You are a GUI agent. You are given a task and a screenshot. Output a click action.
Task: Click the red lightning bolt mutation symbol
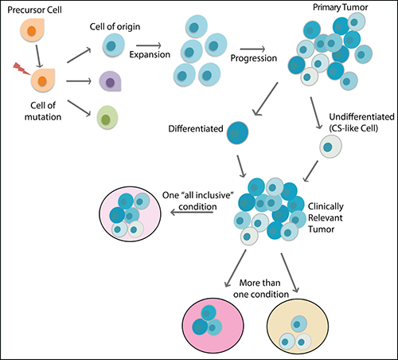coord(21,68)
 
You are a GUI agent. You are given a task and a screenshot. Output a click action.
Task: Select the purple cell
coord(110,81)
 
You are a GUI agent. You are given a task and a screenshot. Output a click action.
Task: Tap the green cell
coord(107,117)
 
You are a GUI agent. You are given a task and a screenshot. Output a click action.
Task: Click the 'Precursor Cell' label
coord(34,10)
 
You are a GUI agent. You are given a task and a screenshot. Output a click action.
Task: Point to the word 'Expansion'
coord(150,54)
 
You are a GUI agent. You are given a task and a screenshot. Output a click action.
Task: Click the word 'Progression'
coord(253,58)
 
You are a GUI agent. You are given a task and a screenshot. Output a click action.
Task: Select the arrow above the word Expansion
coord(149,45)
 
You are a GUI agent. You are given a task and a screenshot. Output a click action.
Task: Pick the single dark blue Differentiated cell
coord(237,133)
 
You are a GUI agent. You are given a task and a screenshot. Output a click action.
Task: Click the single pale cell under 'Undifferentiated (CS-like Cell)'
coord(330,146)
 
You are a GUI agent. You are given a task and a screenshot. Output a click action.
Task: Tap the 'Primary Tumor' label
coord(341,7)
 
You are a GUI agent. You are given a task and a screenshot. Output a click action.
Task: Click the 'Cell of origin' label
coord(115,26)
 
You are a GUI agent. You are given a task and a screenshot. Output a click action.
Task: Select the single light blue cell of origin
coord(114,45)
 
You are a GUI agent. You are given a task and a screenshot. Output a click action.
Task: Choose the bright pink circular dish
coord(213,326)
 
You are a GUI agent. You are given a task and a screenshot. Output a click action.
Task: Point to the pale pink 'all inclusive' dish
coord(130,214)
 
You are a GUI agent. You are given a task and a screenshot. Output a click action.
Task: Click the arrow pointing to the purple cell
coord(79,81)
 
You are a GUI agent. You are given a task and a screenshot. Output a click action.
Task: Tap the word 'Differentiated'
coord(196,129)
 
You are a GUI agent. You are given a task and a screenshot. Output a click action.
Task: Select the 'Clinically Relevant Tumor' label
coord(326,217)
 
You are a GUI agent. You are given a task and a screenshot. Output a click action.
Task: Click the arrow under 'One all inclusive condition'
coord(192,213)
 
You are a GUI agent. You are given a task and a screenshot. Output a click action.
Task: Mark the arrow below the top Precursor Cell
coord(39,57)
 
